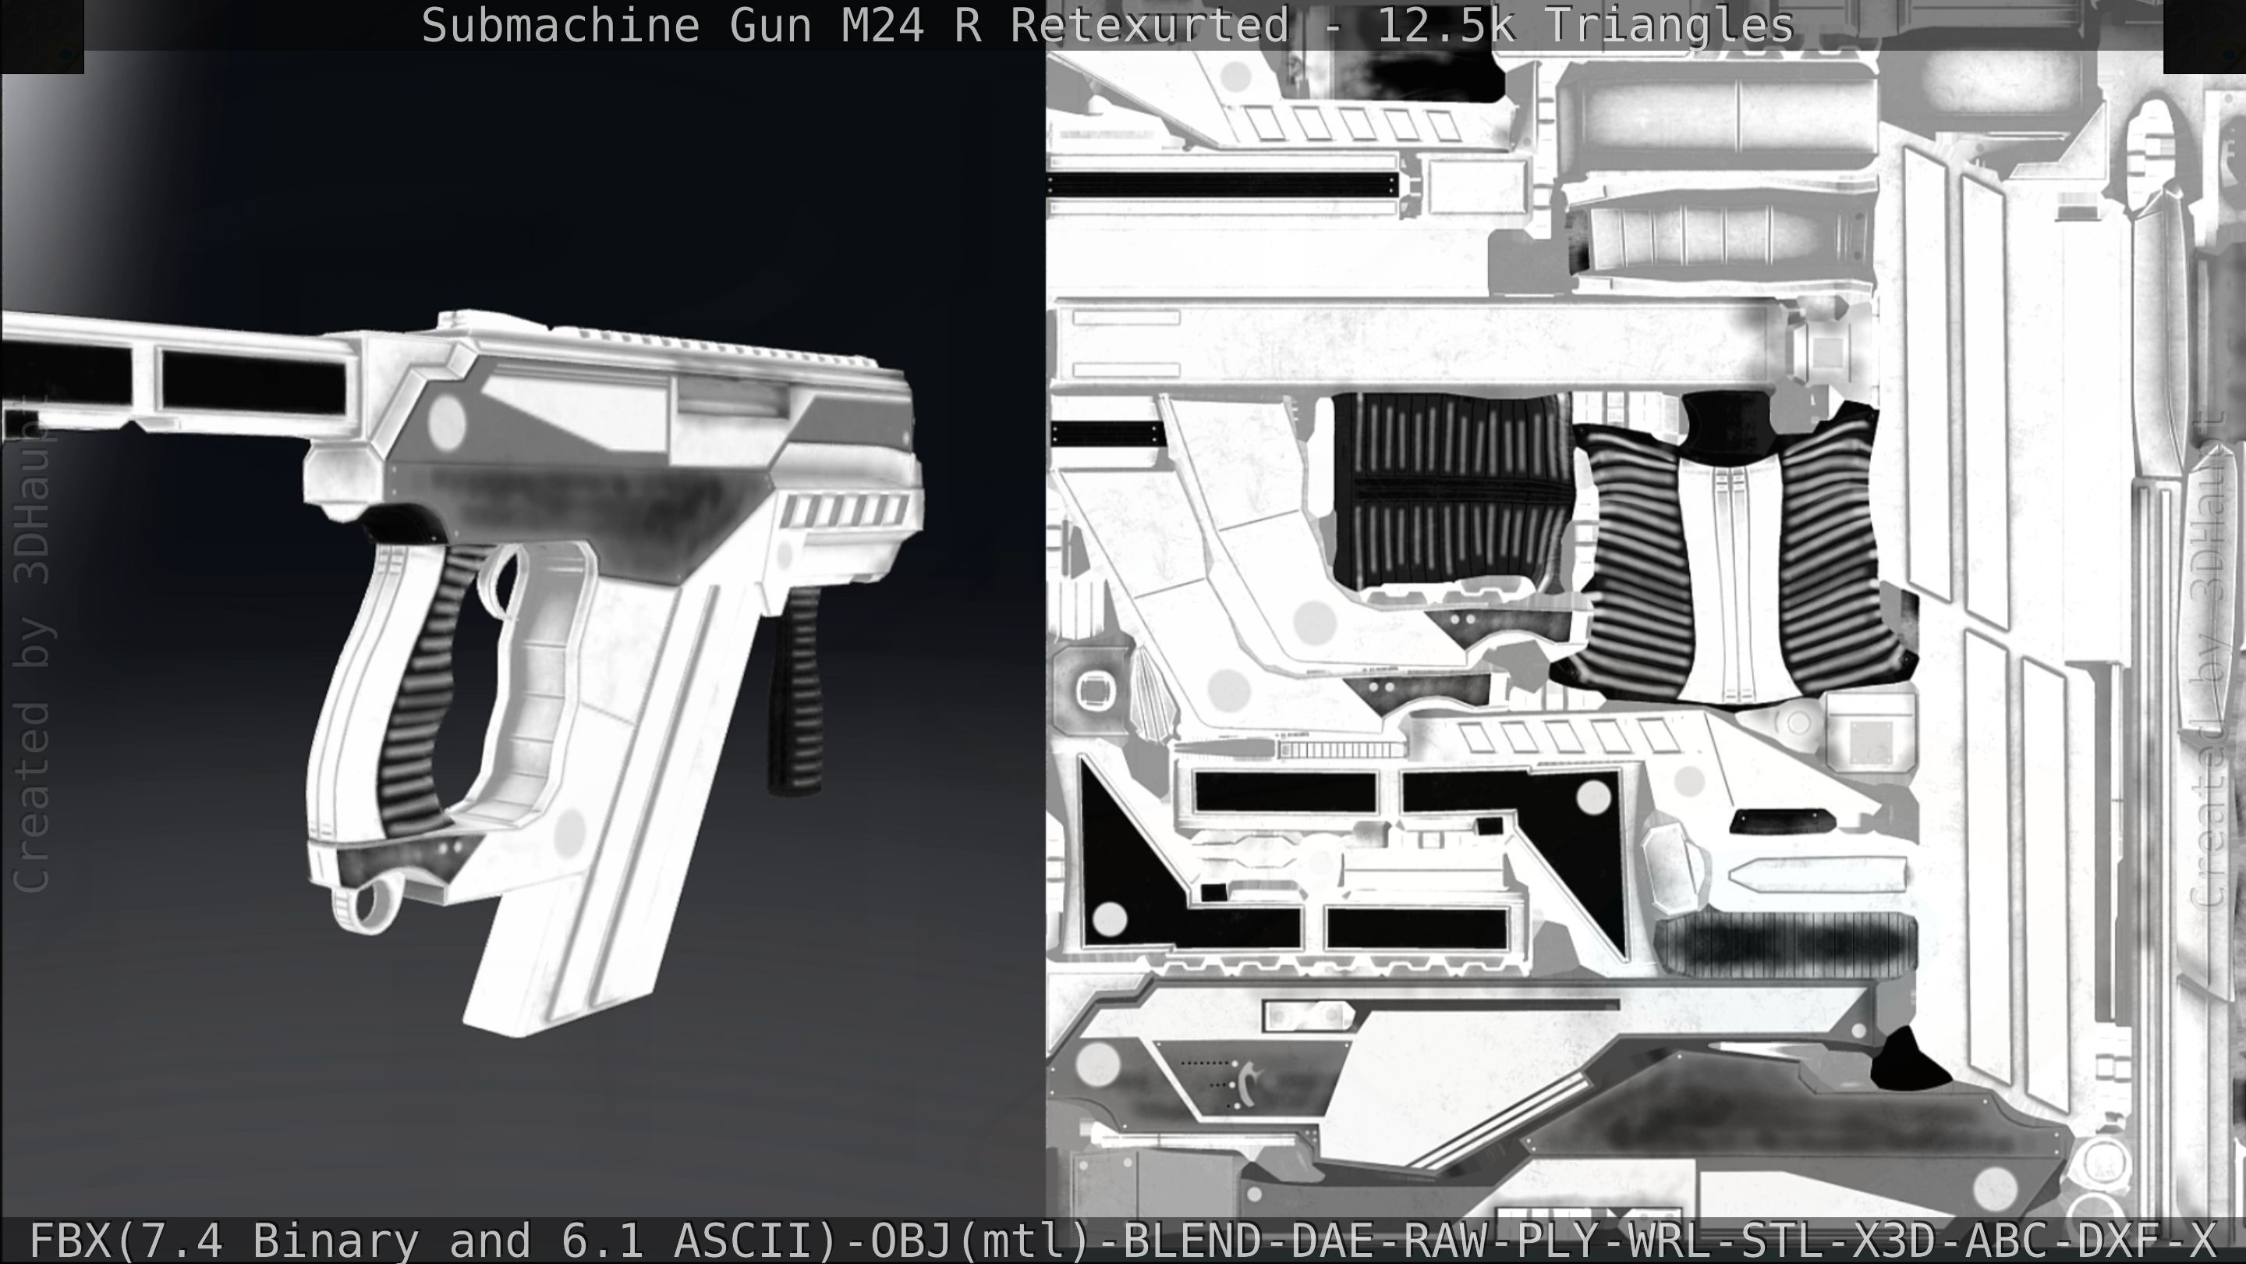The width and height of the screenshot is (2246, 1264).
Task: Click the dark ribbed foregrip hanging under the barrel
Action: [x=795, y=689]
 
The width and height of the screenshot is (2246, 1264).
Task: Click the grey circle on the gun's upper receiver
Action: [x=446, y=421]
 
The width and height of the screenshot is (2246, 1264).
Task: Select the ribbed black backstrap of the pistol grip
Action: [x=423, y=689]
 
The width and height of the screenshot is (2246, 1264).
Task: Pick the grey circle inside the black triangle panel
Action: [x=1110, y=918]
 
